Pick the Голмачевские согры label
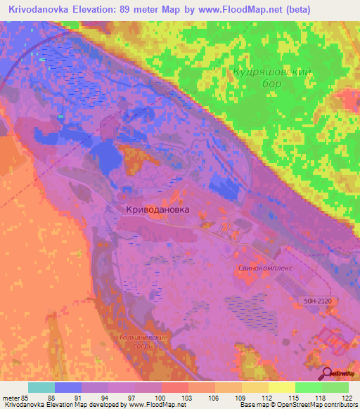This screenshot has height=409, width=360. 141,342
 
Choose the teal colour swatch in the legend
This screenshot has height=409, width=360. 41,387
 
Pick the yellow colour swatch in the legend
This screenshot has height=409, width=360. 281,387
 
